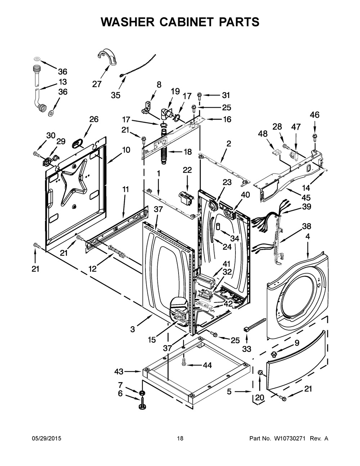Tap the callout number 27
pos(96,84)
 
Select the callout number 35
pos(116,95)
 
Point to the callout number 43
pos(119,371)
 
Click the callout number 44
pos(207,365)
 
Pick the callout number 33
pos(247,349)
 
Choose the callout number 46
pos(315,115)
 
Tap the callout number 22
pos(187,170)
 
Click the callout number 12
pos(93,269)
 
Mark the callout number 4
pos(308,237)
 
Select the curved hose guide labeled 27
pos(107,58)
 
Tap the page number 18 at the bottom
pos(180,438)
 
